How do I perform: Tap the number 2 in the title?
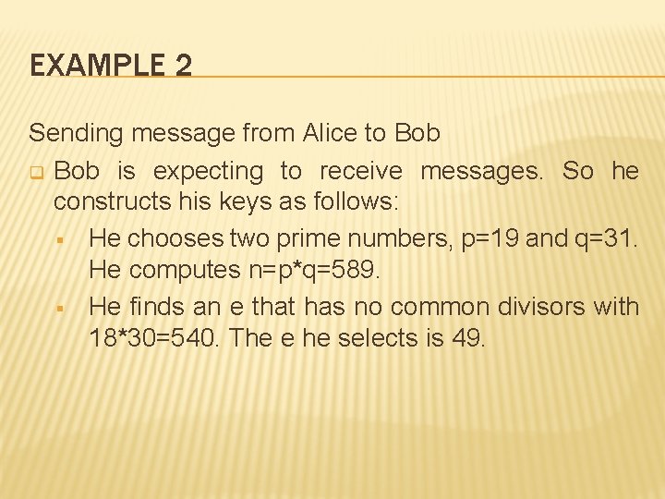[181, 66]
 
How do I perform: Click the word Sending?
[76, 133]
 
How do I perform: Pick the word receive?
[361, 171]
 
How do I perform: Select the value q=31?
[605, 238]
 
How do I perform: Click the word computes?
[182, 271]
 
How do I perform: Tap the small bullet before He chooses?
[59, 239]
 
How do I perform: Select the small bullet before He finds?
[59, 306]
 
